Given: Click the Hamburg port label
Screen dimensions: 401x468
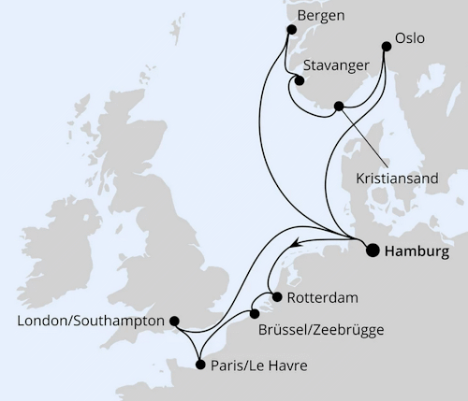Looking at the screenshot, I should (417, 251).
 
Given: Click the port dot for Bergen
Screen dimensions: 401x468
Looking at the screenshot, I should (287, 32).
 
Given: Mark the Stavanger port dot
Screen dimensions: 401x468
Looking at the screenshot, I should (299, 79).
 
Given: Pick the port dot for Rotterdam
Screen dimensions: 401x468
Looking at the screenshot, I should (275, 299).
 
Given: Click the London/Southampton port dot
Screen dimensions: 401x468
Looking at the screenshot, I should (173, 321).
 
